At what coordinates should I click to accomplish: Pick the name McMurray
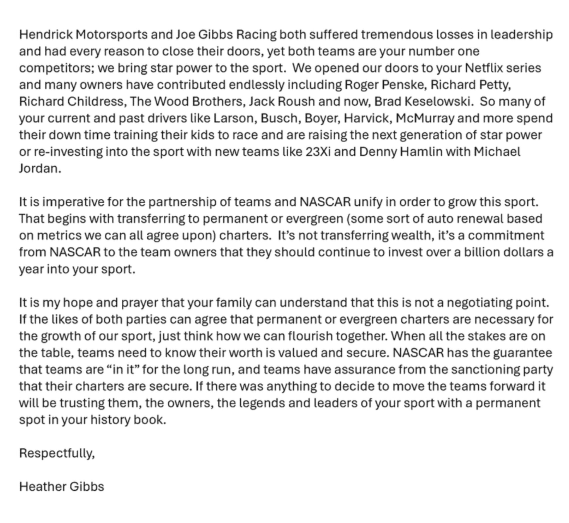425,118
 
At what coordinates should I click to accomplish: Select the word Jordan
40,169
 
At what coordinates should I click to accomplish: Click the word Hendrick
46,34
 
